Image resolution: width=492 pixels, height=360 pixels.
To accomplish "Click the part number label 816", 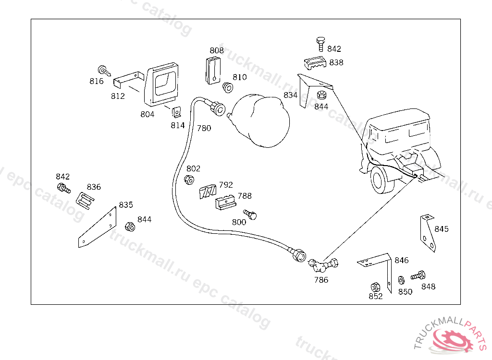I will pos(97,81).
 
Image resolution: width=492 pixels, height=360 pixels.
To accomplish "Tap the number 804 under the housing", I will pos(148,114).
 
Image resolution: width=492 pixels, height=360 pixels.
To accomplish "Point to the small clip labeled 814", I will pos(177,112).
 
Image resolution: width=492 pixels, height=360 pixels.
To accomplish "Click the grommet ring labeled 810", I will pos(228,87).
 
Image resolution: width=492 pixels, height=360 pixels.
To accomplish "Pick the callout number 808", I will pos(217,50).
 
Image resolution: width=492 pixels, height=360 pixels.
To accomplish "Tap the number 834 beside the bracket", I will pos(291,95).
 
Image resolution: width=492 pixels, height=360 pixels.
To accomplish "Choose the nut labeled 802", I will pos(189,180).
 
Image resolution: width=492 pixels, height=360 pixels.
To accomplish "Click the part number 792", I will pos(226,185).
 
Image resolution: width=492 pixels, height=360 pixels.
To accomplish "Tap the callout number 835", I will pos(126,205).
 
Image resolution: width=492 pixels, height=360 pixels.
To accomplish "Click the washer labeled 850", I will pos(401,280).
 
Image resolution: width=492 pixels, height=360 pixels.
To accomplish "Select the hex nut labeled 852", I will pos(376,287).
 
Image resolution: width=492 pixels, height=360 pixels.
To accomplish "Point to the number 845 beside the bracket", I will pos(442,229).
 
